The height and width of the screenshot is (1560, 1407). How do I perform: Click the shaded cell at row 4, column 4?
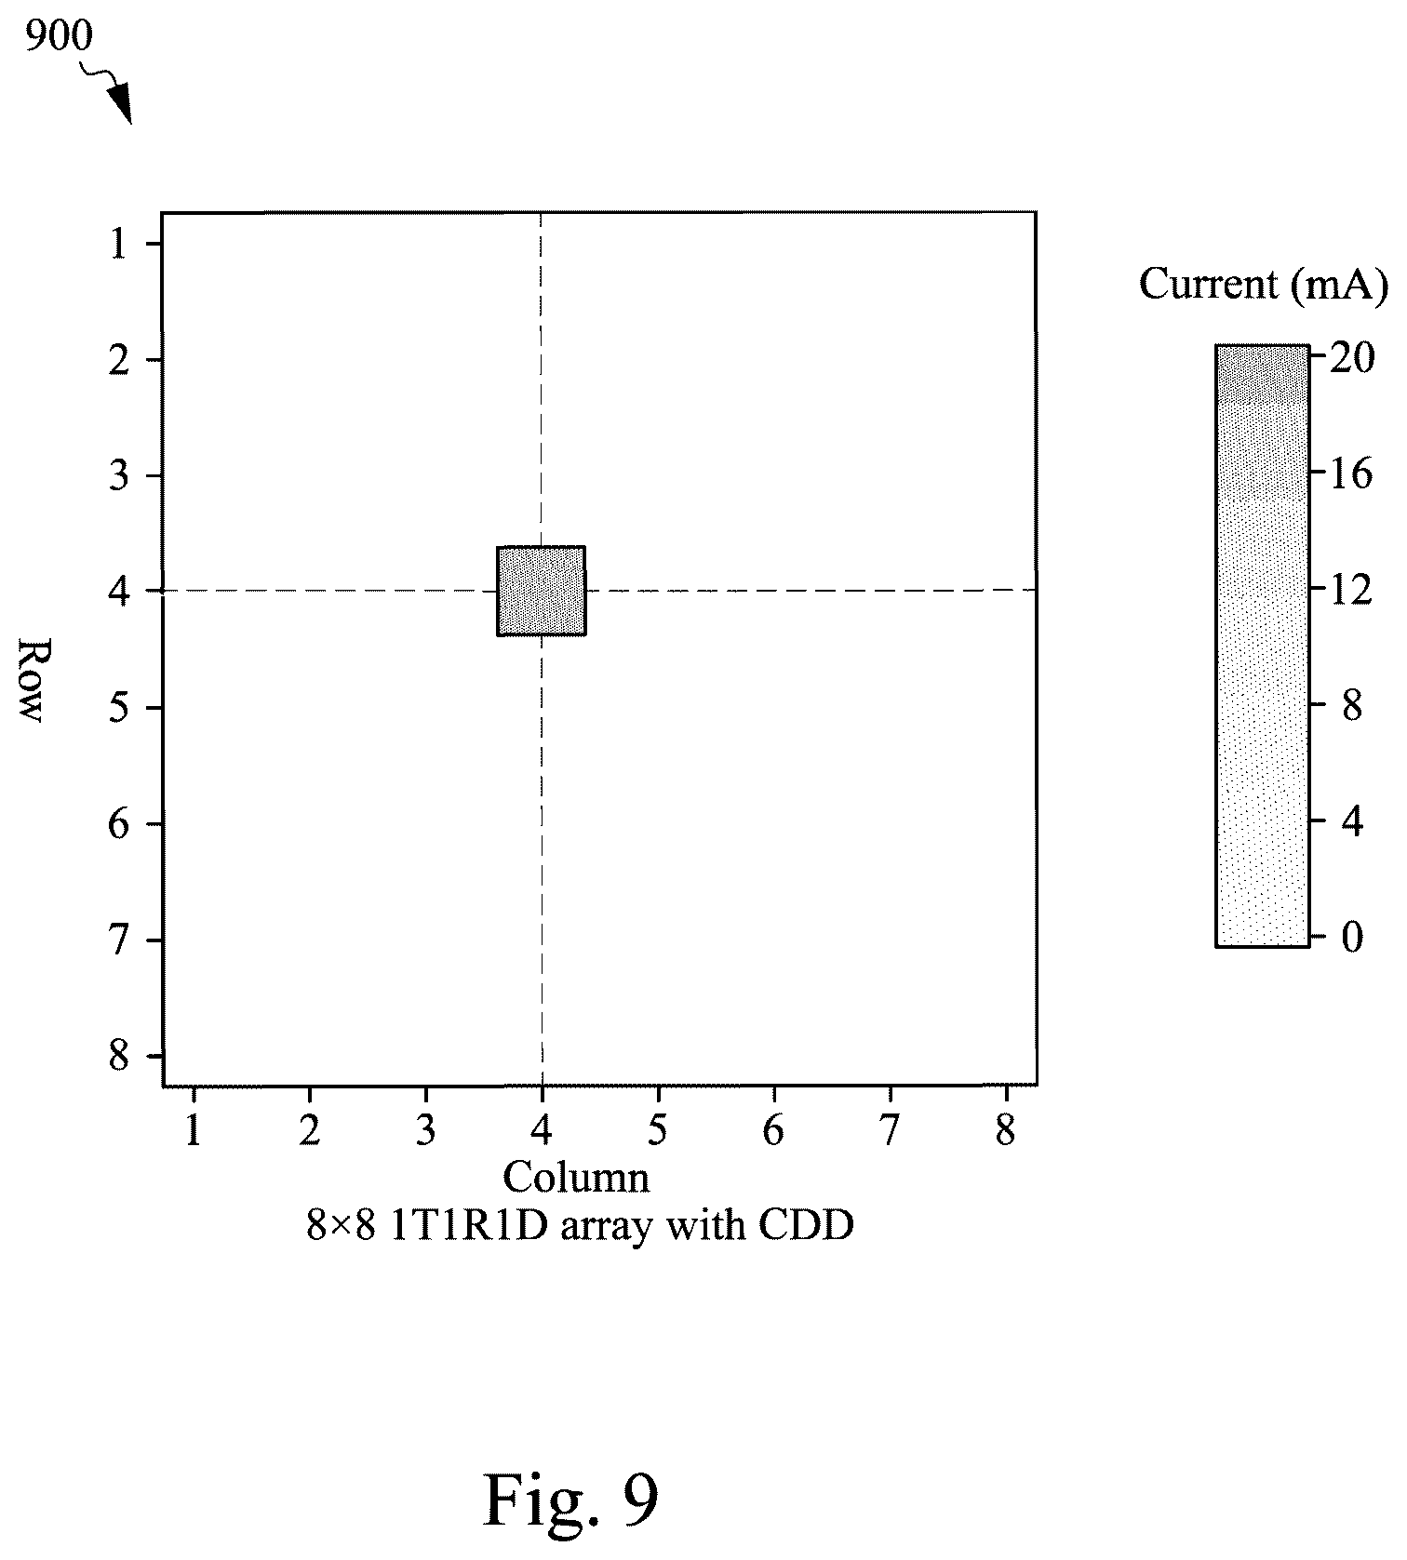tap(542, 591)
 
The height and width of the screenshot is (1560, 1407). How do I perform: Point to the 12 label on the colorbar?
tap(1351, 589)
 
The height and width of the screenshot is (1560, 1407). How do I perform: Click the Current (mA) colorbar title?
tap(1263, 284)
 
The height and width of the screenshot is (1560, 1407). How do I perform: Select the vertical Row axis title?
tap(32, 680)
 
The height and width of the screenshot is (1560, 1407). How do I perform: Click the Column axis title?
tap(576, 1177)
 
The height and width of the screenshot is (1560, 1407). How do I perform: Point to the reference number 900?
tap(60, 37)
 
